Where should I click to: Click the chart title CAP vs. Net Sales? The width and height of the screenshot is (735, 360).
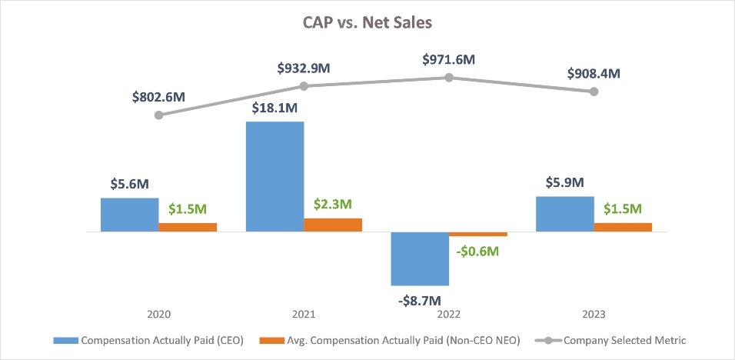coord(367,22)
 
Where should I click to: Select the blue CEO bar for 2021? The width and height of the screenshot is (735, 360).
coord(274,176)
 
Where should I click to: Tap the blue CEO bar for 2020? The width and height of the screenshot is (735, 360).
coord(129,215)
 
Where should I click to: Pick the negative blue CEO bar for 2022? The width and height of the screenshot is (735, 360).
coord(420,258)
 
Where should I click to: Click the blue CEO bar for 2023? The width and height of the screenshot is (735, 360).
coord(565,214)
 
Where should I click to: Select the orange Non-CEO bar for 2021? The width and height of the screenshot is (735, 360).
coord(333,225)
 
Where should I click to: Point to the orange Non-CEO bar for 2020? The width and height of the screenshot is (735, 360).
coord(188,227)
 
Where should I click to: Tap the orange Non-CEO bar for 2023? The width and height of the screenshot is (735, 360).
coord(623,227)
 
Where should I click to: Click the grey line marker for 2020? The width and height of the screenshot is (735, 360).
coord(158,115)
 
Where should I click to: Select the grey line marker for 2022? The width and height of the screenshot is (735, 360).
coord(449,77)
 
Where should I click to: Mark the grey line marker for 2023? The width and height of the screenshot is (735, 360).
coord(594,92)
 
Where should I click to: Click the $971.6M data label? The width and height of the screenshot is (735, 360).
coord(449,59)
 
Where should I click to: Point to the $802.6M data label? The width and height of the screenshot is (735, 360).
coord(158,98)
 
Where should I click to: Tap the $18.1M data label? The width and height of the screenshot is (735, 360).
coord(274,108)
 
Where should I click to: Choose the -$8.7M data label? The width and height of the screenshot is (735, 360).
coord(420,299)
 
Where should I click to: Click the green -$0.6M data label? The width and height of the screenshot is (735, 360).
coord(477,251)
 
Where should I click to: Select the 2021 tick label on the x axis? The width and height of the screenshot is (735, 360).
coord(304,314)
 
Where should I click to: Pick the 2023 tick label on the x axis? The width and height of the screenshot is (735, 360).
coord(594,314)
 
